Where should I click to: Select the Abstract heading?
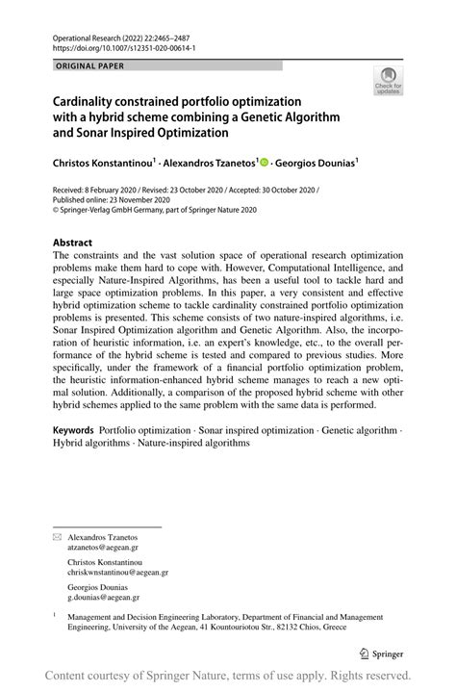coord(73,243)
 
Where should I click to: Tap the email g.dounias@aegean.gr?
coord(110,598)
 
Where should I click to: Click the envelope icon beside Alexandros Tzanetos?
coord(57,534)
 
